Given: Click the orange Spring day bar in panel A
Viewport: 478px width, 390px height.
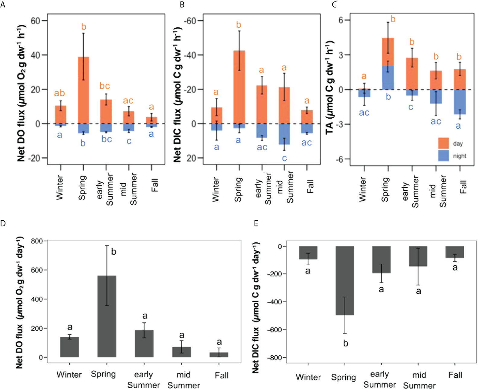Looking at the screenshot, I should (84, 90).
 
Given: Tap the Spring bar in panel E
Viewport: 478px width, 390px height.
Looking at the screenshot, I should (345, 281).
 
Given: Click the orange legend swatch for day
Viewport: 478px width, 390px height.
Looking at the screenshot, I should (443, 143).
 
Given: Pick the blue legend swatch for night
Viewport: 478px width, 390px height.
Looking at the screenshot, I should (443, 156).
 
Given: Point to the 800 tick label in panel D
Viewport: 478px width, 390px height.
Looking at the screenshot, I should (37, 241).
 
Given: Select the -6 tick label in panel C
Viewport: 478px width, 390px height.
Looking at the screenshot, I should (339, 159).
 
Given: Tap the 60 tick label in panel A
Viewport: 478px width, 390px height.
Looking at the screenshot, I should (35, 21).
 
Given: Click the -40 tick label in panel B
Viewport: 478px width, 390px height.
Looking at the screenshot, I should (190, 55).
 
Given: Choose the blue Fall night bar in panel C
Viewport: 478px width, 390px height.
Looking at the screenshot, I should (460, 102).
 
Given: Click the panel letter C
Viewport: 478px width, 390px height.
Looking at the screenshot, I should (334, 5).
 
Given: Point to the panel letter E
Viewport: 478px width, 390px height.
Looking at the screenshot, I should (256, 223).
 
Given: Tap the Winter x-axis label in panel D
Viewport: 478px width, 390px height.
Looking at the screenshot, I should (69, 375).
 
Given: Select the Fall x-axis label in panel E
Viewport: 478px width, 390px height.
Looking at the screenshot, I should (455, 375).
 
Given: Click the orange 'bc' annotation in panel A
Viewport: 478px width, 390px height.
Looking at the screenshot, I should (105, 86).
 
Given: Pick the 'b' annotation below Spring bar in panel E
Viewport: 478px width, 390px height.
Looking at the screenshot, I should (346, 344).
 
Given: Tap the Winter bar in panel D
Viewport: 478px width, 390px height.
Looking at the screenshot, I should (69, 347).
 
